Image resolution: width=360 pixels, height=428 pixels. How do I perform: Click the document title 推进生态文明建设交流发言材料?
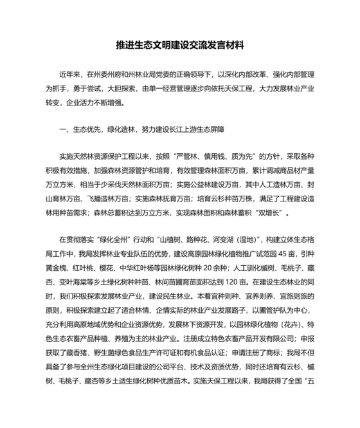click(x=180, y=46)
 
